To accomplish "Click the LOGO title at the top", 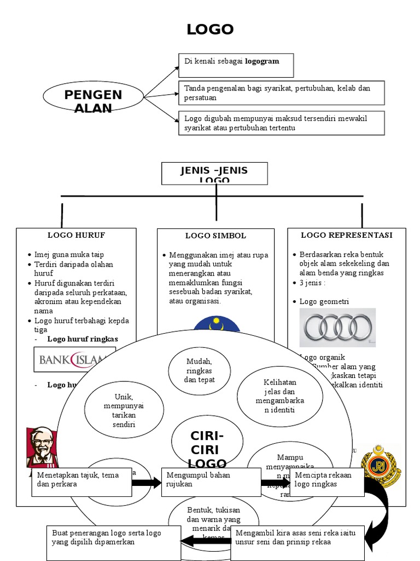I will click(x=210, y=30).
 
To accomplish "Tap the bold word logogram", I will click(x=262, y=61).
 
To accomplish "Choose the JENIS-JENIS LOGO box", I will click(x=214, y=173).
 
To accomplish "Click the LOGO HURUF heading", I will click(x=76, y=235).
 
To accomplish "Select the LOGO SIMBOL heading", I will click(x=215, y=236).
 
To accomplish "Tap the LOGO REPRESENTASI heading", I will click(x=347, y=235).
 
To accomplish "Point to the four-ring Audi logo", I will click(x=337, y=327).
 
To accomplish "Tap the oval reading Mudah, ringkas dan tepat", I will click(x=200, y=370).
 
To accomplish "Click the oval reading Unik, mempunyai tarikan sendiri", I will click(x=124, y=410).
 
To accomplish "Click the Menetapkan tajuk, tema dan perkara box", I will click(x=81, y=481).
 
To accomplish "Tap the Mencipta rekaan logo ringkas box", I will click(x=326, y=481).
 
